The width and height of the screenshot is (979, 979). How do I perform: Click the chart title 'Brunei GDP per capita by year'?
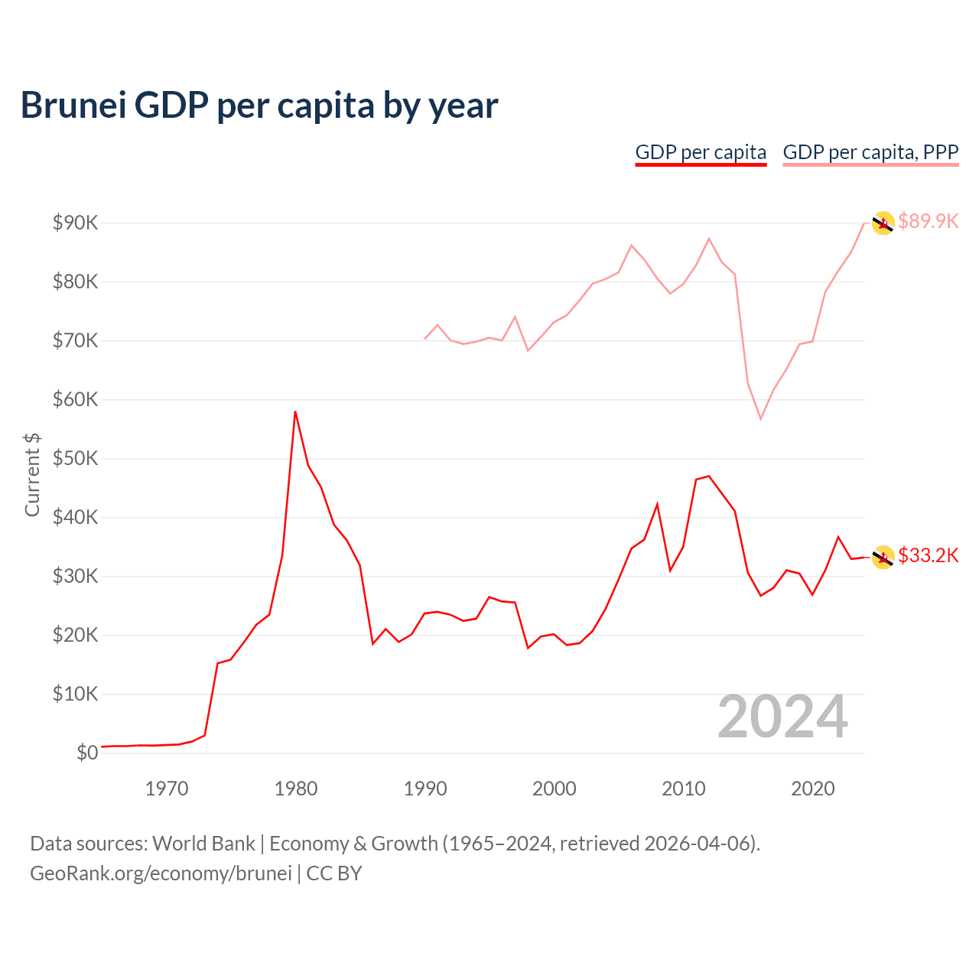(259, 106)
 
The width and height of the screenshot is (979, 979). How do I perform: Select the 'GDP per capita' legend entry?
(701, 152)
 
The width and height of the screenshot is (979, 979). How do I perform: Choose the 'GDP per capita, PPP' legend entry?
(870, 152)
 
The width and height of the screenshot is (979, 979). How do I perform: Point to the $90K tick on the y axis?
(75, 223)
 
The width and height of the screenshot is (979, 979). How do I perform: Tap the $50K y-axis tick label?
(75, 458)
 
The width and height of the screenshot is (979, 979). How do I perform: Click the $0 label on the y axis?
(87, 753)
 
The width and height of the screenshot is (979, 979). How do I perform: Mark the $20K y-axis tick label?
(75, 635)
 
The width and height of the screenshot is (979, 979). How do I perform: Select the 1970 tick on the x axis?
(167, 789)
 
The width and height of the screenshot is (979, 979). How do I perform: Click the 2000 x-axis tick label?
(555, 789)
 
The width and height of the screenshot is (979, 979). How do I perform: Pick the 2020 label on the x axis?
(812, 789)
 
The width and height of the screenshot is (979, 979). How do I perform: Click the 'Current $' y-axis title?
(32, 474)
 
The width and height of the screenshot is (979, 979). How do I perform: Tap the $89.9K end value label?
(928, 221)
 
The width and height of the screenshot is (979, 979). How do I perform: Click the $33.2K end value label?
(928, 555)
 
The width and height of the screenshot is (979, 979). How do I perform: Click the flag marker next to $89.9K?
(883, 223)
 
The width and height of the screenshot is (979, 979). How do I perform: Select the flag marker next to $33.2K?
(883, 558)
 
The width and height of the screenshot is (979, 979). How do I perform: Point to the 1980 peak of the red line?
(295, 411)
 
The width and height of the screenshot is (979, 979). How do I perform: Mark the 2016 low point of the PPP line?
(760, 418)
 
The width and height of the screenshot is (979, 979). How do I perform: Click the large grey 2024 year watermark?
(782, 717)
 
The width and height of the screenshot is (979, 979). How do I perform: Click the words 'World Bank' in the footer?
(203, 844)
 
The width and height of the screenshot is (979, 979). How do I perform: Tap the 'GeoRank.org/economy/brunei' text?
(161, 873)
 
